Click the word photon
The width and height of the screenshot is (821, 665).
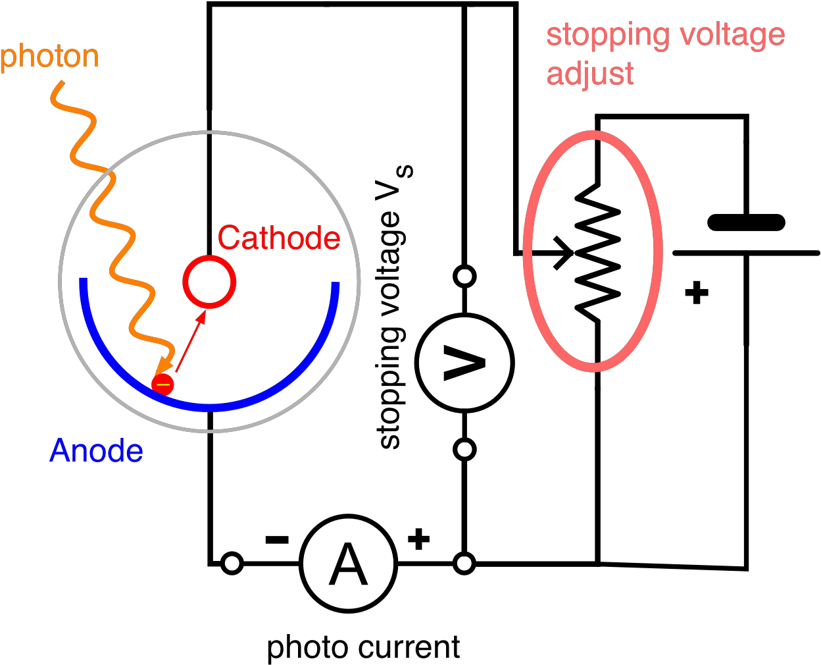[x=50, y=57]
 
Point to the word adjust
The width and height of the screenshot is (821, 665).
[x=590, y=74]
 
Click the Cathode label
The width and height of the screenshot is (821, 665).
[x=279, y=238]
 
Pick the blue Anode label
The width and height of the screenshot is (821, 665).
[x=96, y=451]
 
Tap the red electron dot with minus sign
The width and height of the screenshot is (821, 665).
[x=162, y=385]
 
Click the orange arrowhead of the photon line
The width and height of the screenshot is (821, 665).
[x=161, y=369]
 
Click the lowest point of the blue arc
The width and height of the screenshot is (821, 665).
[x=209, y=408]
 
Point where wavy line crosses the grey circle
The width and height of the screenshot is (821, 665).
[x=109, y=173]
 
